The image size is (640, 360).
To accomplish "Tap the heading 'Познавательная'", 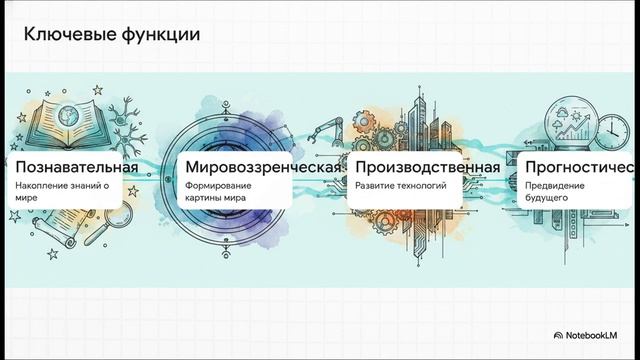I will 75,165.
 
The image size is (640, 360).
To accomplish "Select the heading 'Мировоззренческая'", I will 258,165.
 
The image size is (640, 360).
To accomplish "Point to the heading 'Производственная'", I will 427,165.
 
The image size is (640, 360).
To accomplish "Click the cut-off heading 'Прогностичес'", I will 579,165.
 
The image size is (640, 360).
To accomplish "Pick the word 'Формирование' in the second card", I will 219,186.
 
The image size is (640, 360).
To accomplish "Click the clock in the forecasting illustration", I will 610,128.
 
